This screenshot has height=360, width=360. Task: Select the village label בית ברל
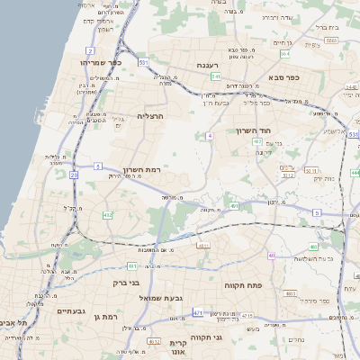point(325,27)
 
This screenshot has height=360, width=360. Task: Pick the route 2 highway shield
point(90,50)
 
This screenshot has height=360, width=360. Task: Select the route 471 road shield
point(197,312)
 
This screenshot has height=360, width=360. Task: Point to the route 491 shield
point(235,206)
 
